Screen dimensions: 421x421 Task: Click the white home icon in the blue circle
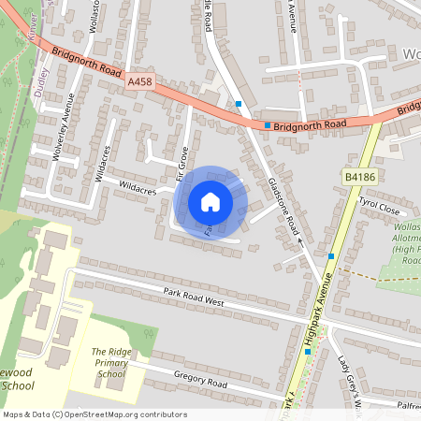pyautogui.click(x=210, y=201)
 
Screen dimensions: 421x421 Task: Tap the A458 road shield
pyautogui.click(x=139, y=83)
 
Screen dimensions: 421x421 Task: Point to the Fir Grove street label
pyautogui.click(x=183, y=162)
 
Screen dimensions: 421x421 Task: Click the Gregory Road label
pyautogui.click(x=200, y=381)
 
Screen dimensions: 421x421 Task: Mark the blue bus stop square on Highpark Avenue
pyautogui.click(x=331, y=255)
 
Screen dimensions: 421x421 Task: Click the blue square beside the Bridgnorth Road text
pyautogui.click(x=268, y=124)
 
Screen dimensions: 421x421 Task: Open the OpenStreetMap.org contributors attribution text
pyautogui.click(x=94, y=414)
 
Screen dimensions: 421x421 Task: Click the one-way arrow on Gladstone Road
pyautogui.click(x=300, y=241)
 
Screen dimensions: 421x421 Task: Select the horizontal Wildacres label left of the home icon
pyautogui.click(x=136, y=188)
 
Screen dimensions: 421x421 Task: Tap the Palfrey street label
pyautogui.click(x=404, y=407)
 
